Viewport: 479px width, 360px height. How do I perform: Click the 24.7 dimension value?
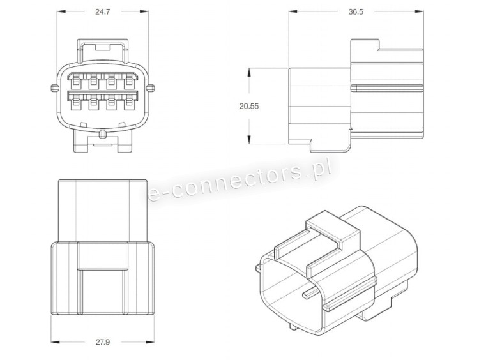coord(103,12)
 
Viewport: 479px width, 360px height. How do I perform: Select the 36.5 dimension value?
coord(356,12)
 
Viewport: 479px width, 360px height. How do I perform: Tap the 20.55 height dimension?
coord(249,106)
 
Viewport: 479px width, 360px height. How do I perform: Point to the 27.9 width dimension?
coord(103,342)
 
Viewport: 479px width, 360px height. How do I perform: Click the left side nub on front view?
coord(54,88)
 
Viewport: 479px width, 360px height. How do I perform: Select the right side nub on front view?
coord(151,88)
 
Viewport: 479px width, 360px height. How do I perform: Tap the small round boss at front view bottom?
coord(103,133)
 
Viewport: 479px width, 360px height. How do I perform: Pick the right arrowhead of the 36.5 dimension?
coord(420,11)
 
